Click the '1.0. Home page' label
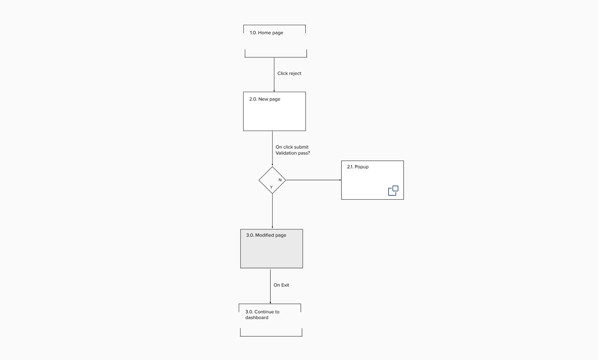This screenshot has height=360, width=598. coord(266,33)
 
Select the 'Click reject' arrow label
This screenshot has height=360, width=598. coord(289,73)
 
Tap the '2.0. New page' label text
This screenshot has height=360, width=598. coord(265,99)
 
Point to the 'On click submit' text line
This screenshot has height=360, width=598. coord(292,147)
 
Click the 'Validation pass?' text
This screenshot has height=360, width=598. coord(293,153)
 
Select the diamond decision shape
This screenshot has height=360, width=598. coord(272,180)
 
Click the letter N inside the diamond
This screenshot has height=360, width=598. coord(280,180)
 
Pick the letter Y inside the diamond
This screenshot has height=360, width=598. coord(271,187)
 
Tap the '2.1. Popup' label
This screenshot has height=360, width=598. coord(358,167)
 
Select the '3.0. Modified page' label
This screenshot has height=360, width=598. coord(266,235)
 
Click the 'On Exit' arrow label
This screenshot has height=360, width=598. coord(281,285)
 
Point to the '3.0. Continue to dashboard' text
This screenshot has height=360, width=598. coord(262,315)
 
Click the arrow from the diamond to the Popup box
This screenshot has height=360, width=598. coord(314,180)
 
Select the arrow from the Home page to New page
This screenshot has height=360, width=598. coord(274,75)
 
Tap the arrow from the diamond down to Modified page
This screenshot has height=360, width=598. coord(272,211)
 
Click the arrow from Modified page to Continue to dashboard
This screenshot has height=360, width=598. coord(271,286)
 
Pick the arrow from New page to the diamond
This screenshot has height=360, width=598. coord(272,149)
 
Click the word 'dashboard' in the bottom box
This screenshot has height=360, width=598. coord(257,318)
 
